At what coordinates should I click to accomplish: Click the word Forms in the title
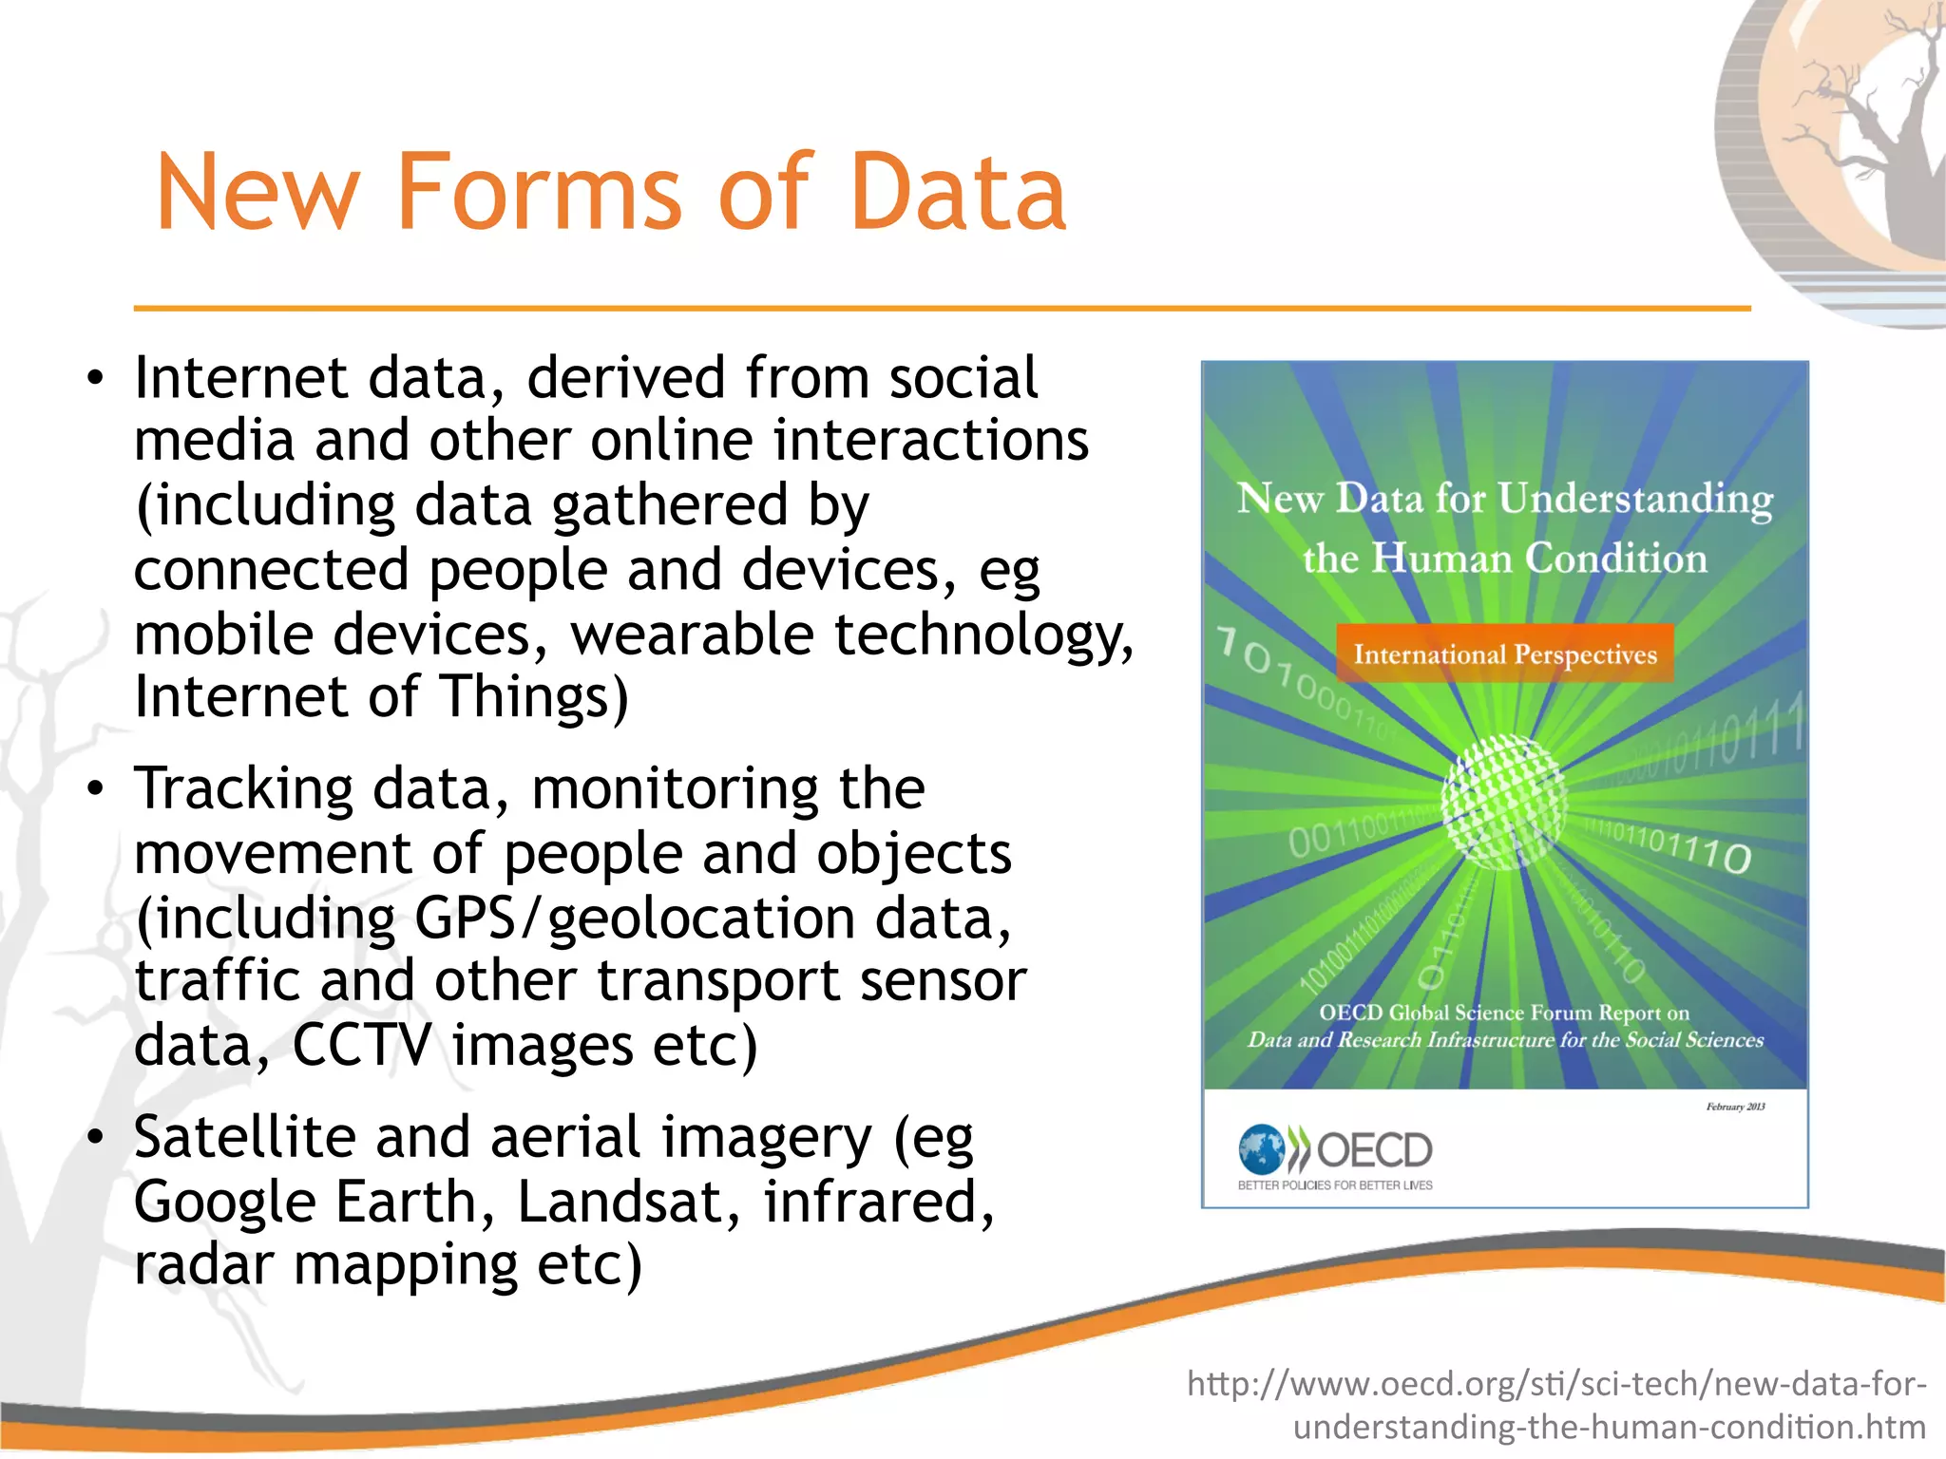tap(539, 193)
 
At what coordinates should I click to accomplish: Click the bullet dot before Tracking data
tap(94, 790)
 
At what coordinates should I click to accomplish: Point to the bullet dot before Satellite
tap(94, 1138)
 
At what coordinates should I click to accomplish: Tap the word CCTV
tap(362, 1045)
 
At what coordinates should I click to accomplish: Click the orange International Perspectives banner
tap(1504, 654)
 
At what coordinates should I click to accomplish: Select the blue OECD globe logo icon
tap(1262, 1149)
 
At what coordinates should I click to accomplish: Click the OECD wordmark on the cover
tap(1374, 1150)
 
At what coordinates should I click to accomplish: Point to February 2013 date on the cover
tap(1735, 1107)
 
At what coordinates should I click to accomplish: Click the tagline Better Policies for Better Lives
tap(1335, 1185)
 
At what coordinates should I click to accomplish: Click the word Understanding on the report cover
tap(1635, 500)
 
